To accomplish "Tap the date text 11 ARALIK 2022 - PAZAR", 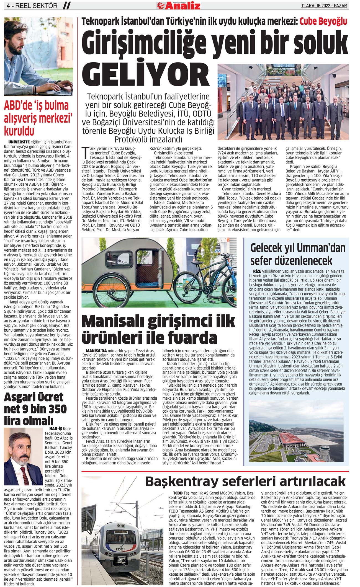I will (324, 5).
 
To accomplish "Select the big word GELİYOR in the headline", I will (146, 74).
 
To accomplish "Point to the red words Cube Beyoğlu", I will (323, 22).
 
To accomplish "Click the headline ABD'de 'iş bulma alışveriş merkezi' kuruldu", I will (36, 118).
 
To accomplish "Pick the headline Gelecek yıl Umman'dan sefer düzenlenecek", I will (298, 254).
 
